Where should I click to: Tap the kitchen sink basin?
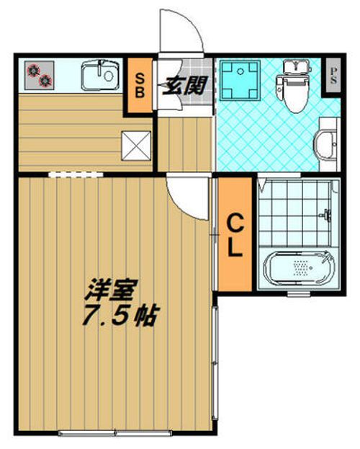tap(99, 74)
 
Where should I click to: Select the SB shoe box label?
tap(139, 84)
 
